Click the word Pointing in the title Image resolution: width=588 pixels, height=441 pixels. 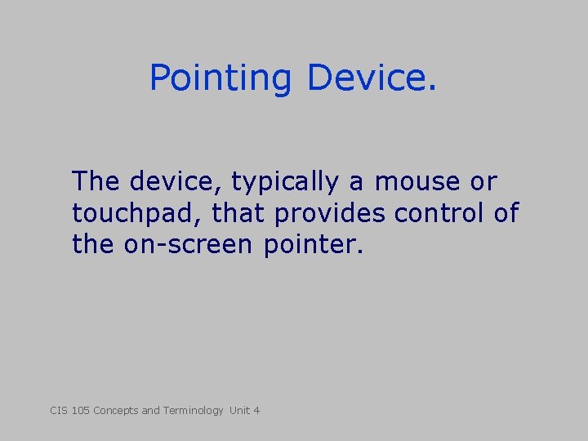[220, 79]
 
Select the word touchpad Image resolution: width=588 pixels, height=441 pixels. [138, 214]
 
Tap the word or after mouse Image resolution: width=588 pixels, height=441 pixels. [482, 181]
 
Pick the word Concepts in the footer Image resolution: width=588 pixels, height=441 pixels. [116, 411]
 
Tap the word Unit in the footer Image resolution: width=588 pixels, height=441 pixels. [239, 410]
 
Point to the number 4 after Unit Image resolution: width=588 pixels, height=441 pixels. [256, 410]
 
